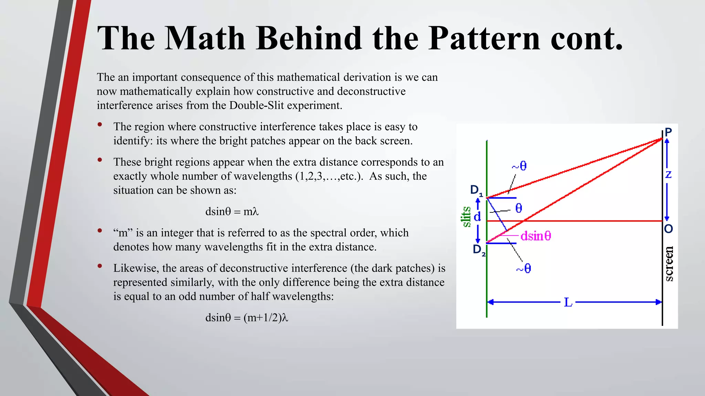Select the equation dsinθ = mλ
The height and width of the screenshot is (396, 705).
(232, 211)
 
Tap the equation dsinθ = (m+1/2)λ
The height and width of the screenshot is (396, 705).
(246, 317)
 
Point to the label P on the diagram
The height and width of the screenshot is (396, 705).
(668, 132)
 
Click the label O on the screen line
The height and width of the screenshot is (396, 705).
(668, 229)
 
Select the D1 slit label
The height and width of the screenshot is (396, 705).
(476, 190)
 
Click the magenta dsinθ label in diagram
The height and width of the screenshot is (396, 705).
(536, 236)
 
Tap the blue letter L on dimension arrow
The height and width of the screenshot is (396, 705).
(568, 302)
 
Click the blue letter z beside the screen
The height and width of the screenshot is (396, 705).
(668, 175)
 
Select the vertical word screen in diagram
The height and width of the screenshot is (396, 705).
(669, 264)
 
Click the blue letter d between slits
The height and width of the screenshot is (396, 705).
(477, 217)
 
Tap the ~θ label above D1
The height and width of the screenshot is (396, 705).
(519, 166)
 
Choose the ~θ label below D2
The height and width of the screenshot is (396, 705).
(523, 268)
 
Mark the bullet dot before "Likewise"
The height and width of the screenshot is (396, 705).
(100, 266)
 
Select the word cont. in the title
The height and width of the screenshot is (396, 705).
(587, 38)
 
